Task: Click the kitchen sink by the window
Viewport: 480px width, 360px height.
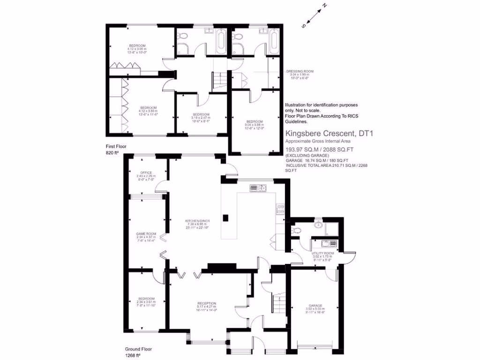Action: point(258,188)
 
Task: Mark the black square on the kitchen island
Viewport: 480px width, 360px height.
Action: point(225,217)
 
